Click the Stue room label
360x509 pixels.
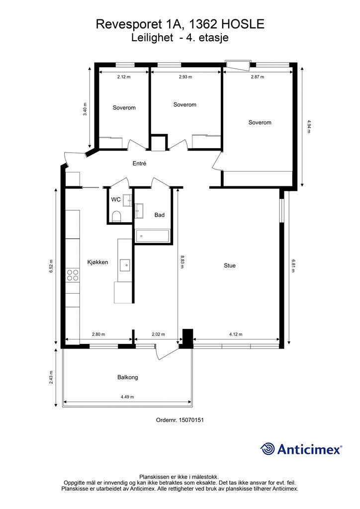click(x=230, y=265)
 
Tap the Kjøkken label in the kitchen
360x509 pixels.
click(x=98, y=262)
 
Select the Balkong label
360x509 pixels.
click(x=128, y=377)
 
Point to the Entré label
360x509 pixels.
click(x=139, y=163)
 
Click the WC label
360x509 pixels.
click(x=116, y=199)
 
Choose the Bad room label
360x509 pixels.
click(x=160, y=215)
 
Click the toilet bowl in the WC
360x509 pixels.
click(x=116, y=217)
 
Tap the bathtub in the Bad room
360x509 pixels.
click(x=152, y=236)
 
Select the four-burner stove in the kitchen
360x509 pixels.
click(x=73, y=275)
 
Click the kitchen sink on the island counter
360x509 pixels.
click(x=125, y=265)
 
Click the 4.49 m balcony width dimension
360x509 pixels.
click(x=127, y=397)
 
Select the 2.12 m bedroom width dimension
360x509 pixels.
click(x=124, y=77)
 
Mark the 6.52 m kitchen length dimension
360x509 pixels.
click(x=51, y=266)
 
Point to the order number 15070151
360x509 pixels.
click(x=180, y=420)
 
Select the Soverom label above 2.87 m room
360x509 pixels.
click(x=260, y=122)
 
